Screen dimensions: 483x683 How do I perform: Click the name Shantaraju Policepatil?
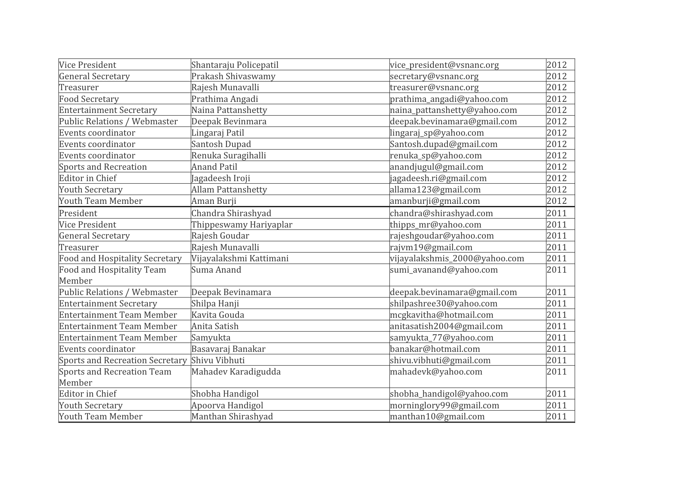(235, 65)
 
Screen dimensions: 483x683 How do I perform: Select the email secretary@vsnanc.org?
(434, 76)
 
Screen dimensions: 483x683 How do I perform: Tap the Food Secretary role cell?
(89, 99)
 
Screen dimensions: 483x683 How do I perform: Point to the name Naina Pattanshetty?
(229, 110)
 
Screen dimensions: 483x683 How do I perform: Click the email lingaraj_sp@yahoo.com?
(437, 133)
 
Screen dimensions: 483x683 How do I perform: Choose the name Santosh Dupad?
(221, 144)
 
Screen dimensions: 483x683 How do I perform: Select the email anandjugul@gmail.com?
(436, 167)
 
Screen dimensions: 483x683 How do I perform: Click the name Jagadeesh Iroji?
(220, 178)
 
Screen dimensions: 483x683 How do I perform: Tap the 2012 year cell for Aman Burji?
(556, 201)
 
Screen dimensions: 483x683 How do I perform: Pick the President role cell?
(78, 213)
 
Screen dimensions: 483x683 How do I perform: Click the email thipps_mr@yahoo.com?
(435, 225)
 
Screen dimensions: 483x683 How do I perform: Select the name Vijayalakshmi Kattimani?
(240, 258)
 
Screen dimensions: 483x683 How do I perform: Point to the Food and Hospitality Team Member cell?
(112, 275)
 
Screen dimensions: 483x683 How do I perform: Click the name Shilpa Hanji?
(215, 303)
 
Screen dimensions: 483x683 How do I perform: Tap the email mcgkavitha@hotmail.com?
(441, 315)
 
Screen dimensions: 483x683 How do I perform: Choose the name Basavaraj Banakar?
(228, 349)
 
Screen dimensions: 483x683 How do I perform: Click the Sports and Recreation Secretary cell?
(123, 360)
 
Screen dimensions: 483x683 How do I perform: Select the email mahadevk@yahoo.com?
(436, 372)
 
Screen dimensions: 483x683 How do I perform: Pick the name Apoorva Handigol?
(227, 405)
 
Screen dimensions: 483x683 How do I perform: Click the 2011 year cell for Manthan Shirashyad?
(556, 416)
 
